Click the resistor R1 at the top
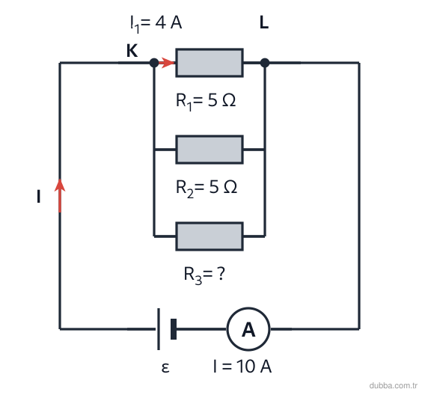(x=210, y=63)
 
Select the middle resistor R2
(x=210, y=150)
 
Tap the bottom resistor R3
(x=210, y=236)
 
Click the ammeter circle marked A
(x=248, y=329)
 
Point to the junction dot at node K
(x=154, y=63)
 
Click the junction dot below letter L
(x=265, y=63)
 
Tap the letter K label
(x=132, y=50)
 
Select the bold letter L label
(x=264, y=22)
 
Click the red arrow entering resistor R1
(x=166, y=63)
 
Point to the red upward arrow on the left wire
(x=60, y=195)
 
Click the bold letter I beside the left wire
(x=38, y=196)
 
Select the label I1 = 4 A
(x=156, y=23)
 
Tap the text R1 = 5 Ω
(x=206, y=101)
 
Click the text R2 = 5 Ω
(x=207, y=188)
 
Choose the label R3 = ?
(x=204, y=275)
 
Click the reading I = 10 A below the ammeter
(x=242, y=367)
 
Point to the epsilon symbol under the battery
(x=165, y=368)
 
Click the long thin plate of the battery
(x=159, y=329)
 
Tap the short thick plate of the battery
(x=174, y=329)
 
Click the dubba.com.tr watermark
(x=393, y=385)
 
